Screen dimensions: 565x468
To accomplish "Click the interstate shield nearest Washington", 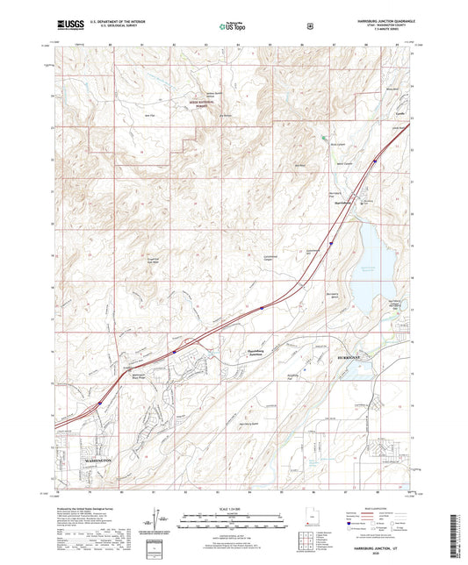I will (x=99, y=404).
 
